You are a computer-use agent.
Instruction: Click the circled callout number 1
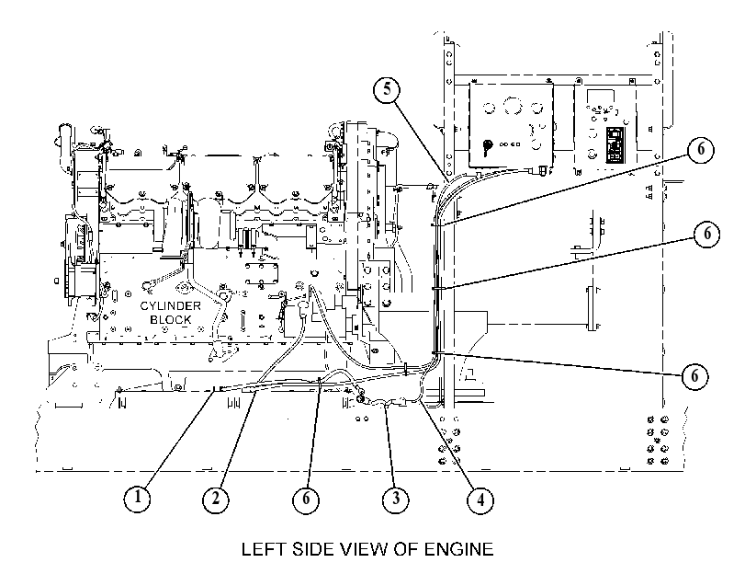tap(137, 499)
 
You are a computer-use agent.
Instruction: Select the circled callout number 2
tap(215, 499)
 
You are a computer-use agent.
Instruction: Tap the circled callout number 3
tap(396, 499)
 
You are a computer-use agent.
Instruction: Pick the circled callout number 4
tap(480, 500)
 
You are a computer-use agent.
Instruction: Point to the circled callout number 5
tap(387, 89)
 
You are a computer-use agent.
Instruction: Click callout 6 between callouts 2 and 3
tap(306, 499)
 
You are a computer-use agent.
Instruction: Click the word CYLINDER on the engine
tap(170, 305)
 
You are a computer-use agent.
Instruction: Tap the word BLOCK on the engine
tap(170, 319)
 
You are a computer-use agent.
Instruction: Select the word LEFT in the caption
tap(264, 549)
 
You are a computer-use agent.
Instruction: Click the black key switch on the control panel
tap(487, 146)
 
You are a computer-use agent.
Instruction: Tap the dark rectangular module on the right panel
tap(615, 144)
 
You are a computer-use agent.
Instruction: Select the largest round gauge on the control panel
tap(513, 105)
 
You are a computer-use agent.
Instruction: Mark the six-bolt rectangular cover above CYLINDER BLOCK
tap(261, 274)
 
